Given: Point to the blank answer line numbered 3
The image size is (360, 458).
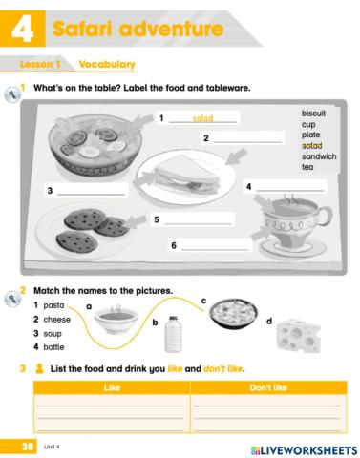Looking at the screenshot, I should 92,193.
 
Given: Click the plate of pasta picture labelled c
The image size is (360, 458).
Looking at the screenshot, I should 231,313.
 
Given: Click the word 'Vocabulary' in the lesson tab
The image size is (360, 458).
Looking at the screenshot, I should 106,65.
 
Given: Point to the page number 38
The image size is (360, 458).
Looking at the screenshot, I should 18,447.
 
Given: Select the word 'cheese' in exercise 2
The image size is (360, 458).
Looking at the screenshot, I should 56,320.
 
